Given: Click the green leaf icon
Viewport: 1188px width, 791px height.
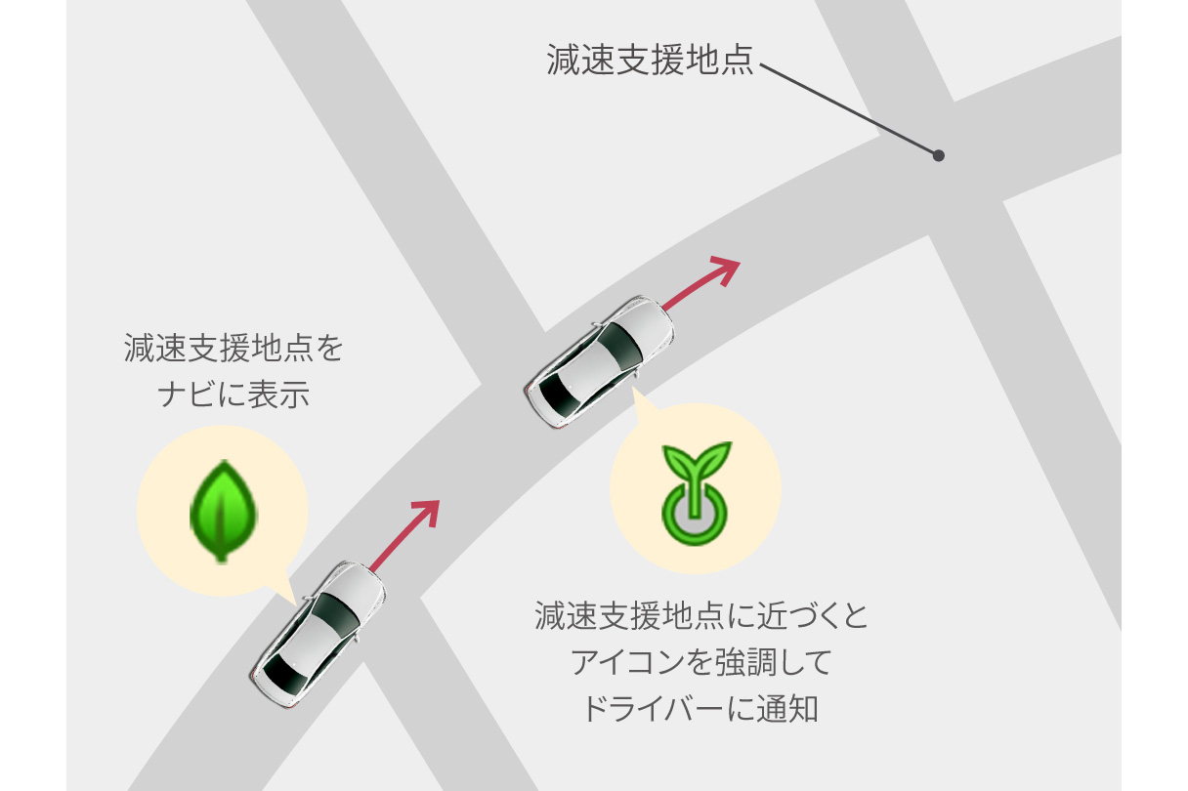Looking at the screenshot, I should tap(222, 511).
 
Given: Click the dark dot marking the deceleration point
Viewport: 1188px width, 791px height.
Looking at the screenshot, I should tap(938, 155).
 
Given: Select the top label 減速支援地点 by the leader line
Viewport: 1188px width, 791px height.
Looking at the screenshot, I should tap(651, 60).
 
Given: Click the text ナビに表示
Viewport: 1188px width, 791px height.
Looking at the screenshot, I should tap(233, 394).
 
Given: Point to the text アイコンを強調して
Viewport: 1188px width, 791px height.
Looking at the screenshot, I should tap(700, 663).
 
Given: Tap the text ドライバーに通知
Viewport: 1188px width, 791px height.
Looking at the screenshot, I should tap(700, 708).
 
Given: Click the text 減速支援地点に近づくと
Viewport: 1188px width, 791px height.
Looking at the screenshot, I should tap(700, 617).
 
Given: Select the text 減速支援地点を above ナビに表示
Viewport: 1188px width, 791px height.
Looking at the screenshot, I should tap(233, 349).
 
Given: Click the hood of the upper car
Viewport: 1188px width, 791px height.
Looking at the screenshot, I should tap(646, 318).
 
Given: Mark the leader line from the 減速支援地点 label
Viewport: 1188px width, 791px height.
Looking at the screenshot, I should tap(848, 108).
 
